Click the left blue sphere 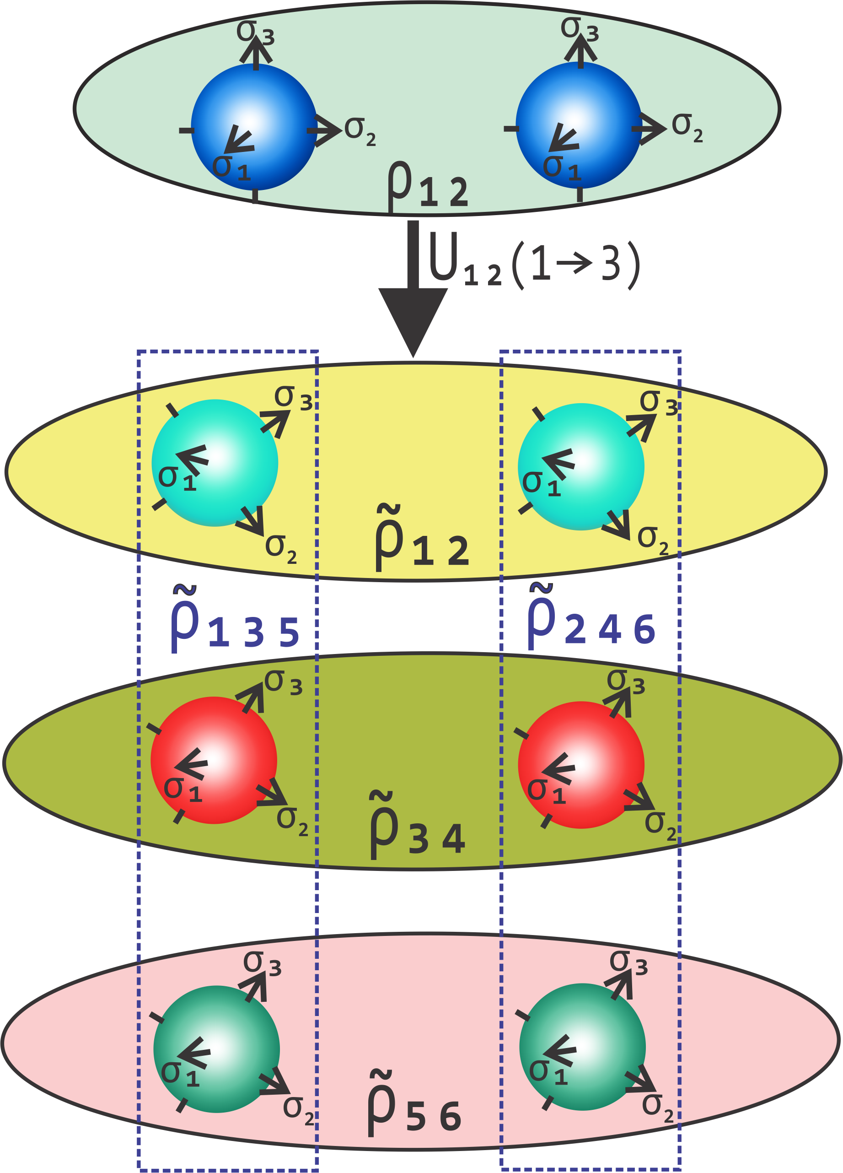(x=254, y=127)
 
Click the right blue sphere (x=579, y=126)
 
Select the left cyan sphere (x=215, y=463)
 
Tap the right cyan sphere (x=581, y=466)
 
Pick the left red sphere (x=214, y=760)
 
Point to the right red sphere (x=581, y=765)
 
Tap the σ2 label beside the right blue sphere (x=687, y=128)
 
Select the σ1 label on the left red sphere (x=182, y=789)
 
